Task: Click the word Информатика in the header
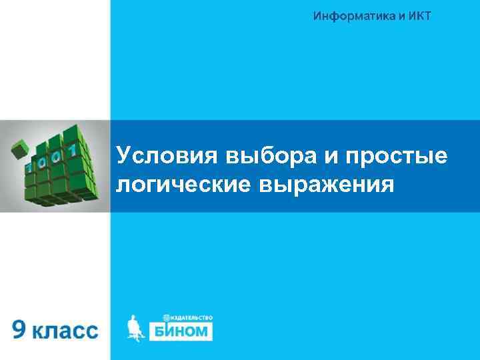[x=348, y=15]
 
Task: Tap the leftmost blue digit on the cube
[x=30, y=165]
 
